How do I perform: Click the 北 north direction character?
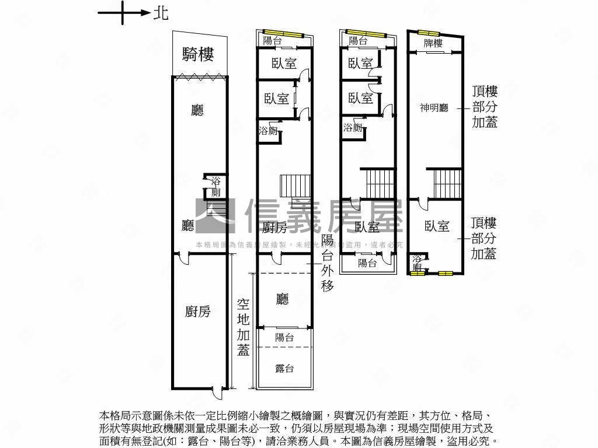tap(161, 13)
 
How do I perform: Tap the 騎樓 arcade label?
tap(198, 55)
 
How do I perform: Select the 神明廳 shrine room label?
tap(434, 108)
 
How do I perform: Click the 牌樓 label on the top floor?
tap(433, 44)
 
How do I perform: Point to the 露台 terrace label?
tap(284, 369)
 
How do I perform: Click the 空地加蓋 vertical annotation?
tap(244, 327)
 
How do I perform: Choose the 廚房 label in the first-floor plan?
tap(197, 311)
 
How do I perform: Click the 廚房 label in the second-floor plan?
tap(274, 226)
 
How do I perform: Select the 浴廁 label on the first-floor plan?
tap(215, 187)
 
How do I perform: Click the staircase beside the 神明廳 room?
tap(447, 183)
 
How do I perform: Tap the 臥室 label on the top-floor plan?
tap(437, 226)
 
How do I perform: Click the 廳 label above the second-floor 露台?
tap(283, 299)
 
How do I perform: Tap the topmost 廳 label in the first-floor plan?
tap(197, 110)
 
